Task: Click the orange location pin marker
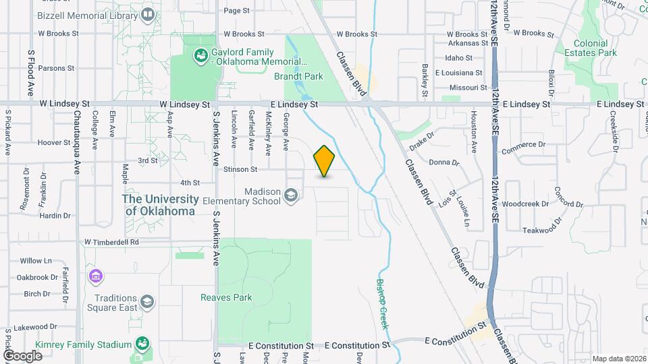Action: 324,161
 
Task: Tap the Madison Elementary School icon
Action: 291,195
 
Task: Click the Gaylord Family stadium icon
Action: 200,56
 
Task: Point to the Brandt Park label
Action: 298,76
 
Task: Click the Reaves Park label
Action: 226,297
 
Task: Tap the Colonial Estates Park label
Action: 590,48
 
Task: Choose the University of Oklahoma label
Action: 161,205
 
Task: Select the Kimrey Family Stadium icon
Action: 142,344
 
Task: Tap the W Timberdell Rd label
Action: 111,241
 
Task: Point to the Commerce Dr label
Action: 523,144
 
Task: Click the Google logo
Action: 23,355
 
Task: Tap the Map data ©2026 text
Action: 618,359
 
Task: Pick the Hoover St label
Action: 54,142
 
